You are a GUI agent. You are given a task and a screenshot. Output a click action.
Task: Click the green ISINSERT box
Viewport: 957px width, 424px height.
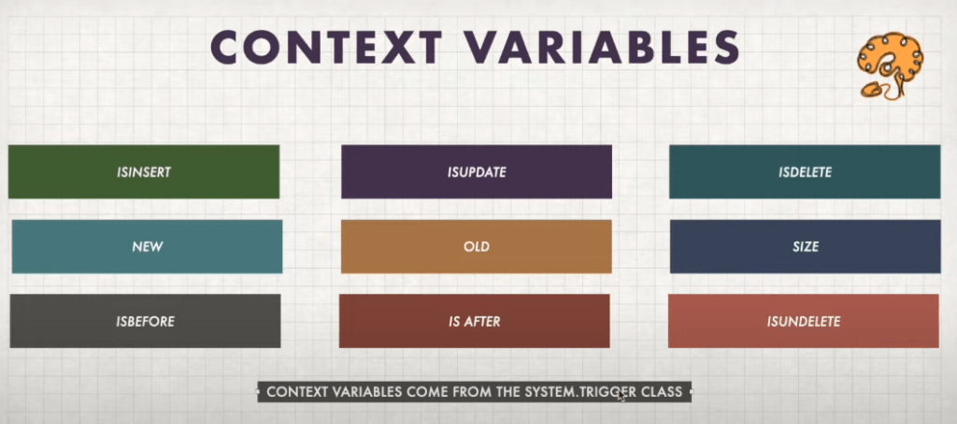click(143, 171)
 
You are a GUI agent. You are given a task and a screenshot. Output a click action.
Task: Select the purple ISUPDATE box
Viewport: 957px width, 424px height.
click(477, 171)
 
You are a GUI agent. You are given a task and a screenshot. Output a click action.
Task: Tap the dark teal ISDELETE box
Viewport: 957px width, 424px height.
click(805, 171)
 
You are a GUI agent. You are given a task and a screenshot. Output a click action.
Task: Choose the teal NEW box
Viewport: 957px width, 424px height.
click(147, 247)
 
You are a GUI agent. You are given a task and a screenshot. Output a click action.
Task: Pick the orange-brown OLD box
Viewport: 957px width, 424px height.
click(477, 247)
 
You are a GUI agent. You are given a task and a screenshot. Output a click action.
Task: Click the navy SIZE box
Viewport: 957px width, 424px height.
click(805, 247)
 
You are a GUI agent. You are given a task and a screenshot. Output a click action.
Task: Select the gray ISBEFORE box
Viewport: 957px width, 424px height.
click(145, 321)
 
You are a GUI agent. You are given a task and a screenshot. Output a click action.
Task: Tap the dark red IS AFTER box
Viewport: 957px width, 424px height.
click(474, 321)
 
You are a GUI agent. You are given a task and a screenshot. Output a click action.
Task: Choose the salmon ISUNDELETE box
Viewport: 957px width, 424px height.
click(803, 321)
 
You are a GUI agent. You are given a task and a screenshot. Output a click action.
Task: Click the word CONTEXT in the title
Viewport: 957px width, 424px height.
click(326, 47)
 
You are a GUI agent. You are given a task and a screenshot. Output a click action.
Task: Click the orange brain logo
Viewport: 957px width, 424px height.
click(890, 66)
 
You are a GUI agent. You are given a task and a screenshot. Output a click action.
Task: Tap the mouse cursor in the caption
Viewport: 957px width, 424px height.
click(621, 395)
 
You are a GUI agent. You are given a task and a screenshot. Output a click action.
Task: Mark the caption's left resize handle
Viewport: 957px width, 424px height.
click(258, 391)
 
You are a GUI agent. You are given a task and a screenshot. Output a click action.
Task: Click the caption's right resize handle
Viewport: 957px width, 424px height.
click(691, 391)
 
